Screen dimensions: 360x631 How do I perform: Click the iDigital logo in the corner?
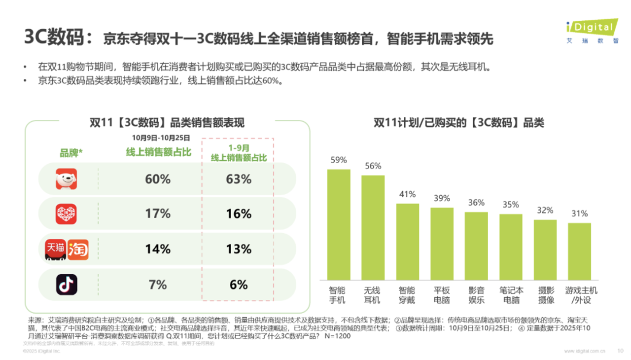click(x=592, y=31)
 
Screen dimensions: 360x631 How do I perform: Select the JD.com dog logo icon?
click(x=66, y=179)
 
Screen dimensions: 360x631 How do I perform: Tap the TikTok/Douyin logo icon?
click(x=66, y=284)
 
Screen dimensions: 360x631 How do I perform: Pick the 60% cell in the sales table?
click(x=158, y=179)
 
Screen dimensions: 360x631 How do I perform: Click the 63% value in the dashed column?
click(x=239, y=179)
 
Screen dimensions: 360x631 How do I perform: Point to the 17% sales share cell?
click(x=158, y=214)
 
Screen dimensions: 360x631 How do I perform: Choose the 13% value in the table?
click(x=239, y=249)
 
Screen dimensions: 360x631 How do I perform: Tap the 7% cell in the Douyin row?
click(x=158, y=285)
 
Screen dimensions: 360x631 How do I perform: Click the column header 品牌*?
click(x=71, y=153)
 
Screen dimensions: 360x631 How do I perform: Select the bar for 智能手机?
click(x=339, y=224)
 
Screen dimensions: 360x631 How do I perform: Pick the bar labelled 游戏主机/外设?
click(x=579, y=252)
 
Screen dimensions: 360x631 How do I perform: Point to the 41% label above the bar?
click(x=407, y=194)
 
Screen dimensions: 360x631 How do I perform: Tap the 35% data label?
click(x=511, y=205)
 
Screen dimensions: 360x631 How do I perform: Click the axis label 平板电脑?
click(x=442, y=295)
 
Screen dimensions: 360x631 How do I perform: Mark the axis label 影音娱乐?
click(x=476, y=295)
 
